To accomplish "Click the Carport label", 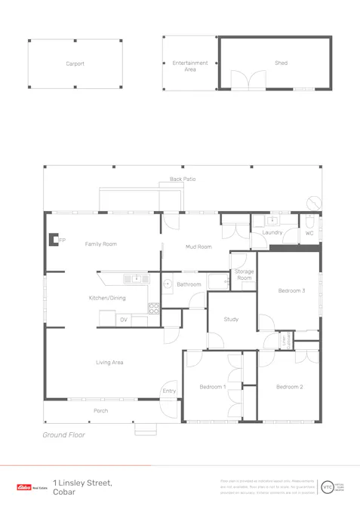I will tap(75, 64).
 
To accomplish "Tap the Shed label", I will tap(281, 63).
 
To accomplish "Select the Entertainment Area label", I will tap(189, 66).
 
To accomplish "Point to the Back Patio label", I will tap(182, 179).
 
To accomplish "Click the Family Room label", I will tap(100, 244).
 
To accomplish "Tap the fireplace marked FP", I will tap(54, 240).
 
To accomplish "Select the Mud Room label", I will tap(198, 247).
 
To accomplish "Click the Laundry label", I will tap(272, 232).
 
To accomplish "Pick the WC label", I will tap(309, 233).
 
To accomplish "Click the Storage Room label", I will tap(244, 274).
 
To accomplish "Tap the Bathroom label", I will tap(189, 284).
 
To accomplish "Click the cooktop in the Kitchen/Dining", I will tap(154, 308).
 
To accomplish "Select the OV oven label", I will tap(124, 320).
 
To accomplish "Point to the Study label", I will tap(231, 319).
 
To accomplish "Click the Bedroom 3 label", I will tap(291, 290).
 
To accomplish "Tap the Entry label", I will tap(168, 391).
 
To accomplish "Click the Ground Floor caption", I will tap(63, 435).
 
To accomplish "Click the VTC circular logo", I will tap(328, 487).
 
